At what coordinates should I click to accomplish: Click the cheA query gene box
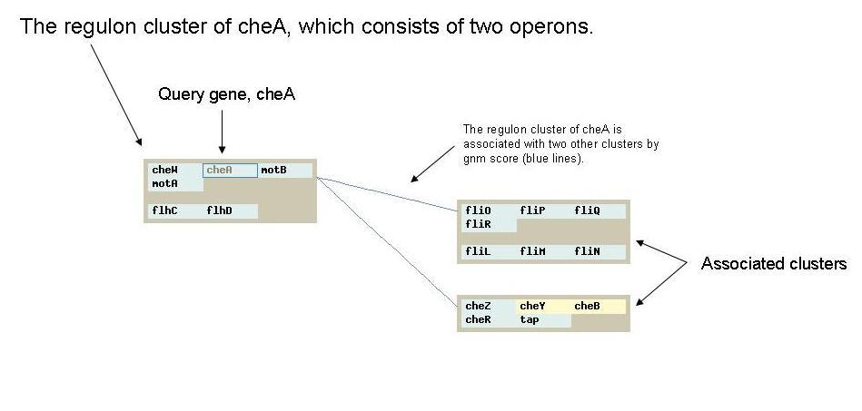coord(231,171)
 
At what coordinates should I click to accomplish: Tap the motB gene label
coord(273,171)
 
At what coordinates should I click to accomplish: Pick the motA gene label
coord(165,184)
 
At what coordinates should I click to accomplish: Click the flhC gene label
coord(165,211)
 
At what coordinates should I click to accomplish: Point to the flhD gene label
coord(219,211)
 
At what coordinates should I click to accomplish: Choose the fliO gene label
coord(479,210)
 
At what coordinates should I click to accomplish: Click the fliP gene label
coord(532,210)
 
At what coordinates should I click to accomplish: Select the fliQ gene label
coord(587,210)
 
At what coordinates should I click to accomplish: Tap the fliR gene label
coord(479,225)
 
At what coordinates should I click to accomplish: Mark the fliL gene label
coord(479,251)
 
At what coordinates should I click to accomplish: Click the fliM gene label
coord(532,251)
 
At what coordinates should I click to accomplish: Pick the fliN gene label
coord(587,251)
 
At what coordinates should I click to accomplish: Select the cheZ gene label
coord(479,306)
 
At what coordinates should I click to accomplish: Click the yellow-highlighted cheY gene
coord(532,306)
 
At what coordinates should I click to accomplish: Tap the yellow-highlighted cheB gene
coord(587,306)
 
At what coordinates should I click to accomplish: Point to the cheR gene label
coord(479,319)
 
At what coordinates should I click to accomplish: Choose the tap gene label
coord(530,319)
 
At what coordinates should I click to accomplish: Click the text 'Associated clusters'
coord(774,264)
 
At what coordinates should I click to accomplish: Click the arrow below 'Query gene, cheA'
coord(223,132)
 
